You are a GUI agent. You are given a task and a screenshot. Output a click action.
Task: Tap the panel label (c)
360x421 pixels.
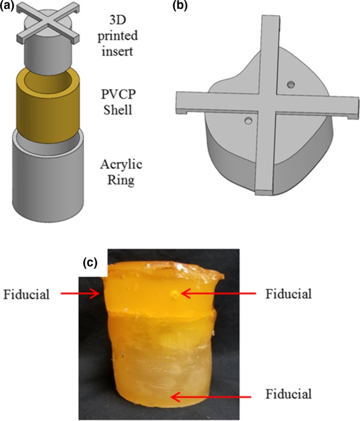click(92, 264)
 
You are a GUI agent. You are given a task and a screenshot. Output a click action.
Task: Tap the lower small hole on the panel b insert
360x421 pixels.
click(248, 120)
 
